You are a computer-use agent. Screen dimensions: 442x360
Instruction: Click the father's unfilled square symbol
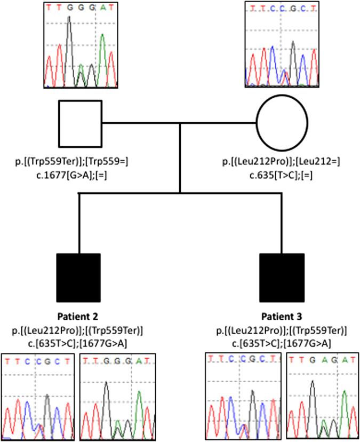(80, 123)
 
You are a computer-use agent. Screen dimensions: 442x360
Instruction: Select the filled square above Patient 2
(78, 278)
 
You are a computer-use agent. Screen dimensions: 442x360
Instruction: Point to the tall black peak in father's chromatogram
(69, 48)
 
